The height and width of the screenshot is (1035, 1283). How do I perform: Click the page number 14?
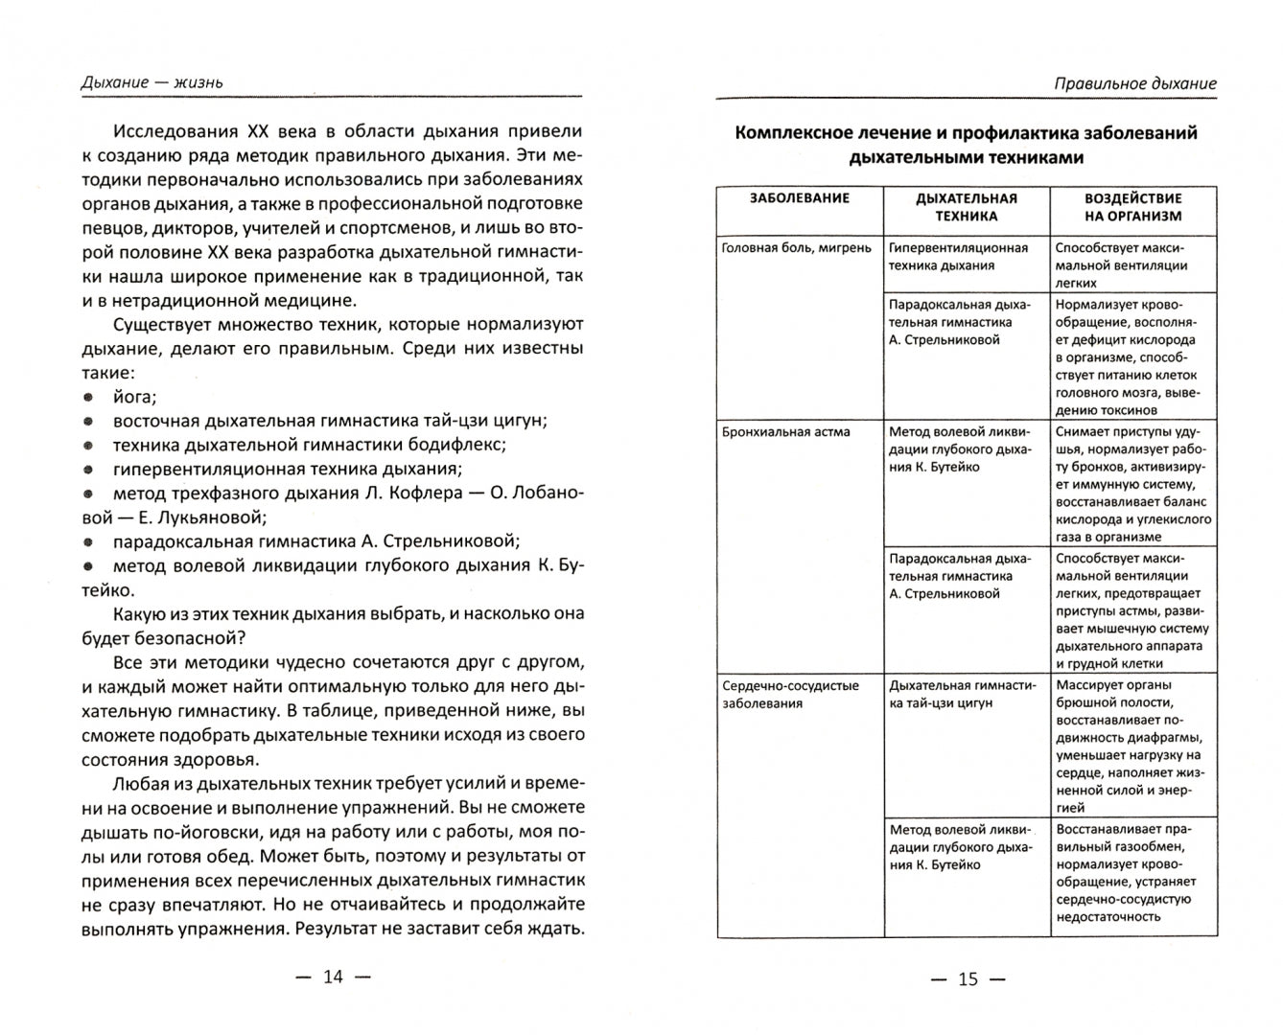(332, 977)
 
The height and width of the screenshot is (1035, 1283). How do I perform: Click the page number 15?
(968, 978)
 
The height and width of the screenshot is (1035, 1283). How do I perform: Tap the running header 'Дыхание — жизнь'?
(152, 82)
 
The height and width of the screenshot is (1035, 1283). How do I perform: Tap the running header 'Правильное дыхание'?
(1134, 83)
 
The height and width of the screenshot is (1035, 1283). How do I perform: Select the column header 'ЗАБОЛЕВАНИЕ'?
(799, 198)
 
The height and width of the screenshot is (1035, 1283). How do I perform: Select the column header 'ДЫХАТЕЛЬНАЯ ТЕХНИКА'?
(966, 207)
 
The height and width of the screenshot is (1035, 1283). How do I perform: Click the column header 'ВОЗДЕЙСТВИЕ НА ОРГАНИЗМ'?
(1132, 207)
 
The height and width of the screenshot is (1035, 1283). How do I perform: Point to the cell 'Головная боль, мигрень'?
(796, 248)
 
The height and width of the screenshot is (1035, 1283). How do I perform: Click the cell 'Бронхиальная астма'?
(785, 432)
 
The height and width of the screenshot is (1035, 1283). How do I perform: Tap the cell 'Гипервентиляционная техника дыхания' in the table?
(958, 257)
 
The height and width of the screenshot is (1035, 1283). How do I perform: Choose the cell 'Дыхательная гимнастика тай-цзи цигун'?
(963, 694)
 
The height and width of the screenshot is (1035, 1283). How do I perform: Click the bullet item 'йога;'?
(134, 397)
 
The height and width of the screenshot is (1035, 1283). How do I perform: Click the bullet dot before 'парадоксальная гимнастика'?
(88, 541)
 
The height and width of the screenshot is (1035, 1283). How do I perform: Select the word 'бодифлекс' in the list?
(464, 445)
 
